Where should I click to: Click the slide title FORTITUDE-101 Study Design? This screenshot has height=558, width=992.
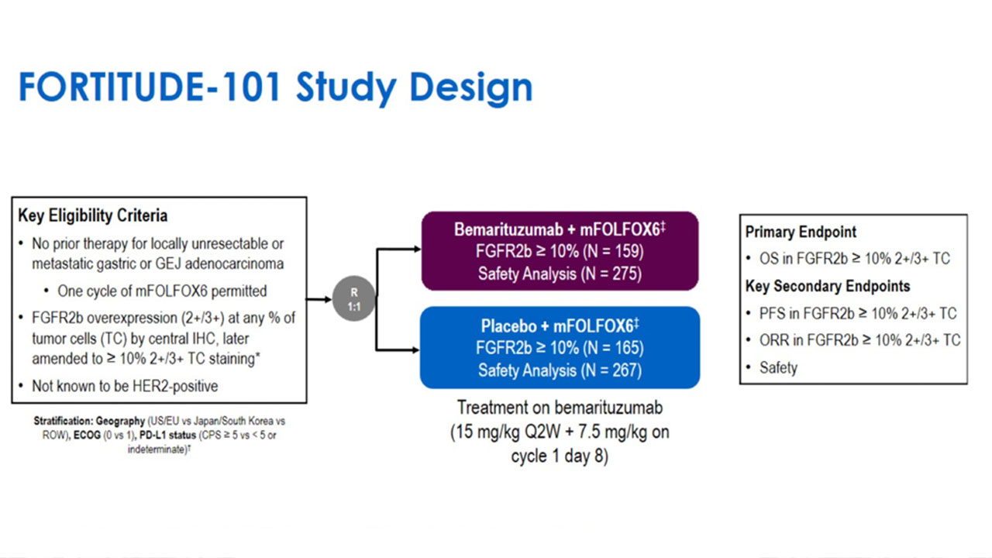click(x=275, y=88)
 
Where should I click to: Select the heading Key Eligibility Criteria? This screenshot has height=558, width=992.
click(x=92, y=215)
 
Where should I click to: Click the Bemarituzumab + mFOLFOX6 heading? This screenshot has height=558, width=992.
click(x=557, y=230)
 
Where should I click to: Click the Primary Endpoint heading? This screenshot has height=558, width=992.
click(x=801, y=232)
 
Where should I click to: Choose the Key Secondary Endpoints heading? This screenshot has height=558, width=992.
click(x=828, y=286)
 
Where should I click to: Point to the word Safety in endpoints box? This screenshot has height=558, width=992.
click(x=778, y=367)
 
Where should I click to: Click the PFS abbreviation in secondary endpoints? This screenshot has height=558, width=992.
click(x=773, y=313)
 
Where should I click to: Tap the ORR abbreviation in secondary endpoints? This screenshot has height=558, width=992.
click(x=775, y=340)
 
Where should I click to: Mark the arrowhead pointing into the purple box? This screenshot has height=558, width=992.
click(x=416, y=250)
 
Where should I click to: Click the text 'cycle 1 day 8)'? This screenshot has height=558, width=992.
click(x=560, y=456)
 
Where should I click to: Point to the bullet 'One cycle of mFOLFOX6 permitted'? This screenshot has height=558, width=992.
click(x=161, y=291)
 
